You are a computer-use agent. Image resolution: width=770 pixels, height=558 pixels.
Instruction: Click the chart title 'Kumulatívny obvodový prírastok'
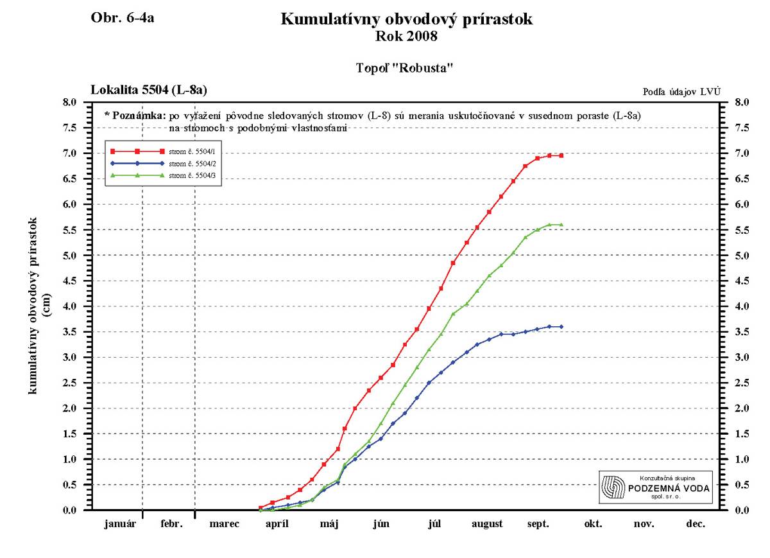[406, 20]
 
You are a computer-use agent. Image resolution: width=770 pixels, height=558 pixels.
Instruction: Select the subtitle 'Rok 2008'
[406, 37]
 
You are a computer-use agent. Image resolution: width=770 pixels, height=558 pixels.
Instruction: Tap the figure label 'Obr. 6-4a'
[123, 18]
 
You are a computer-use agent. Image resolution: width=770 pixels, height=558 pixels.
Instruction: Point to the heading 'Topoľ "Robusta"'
[406, 67]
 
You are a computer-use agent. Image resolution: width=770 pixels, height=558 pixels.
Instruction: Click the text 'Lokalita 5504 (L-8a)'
[149, 89]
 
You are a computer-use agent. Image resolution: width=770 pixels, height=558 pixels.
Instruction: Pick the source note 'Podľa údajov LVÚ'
[681, 92]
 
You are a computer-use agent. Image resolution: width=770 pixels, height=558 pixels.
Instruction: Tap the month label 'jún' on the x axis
[381, 524]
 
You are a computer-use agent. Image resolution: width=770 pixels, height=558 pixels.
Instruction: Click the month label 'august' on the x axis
[487, 524]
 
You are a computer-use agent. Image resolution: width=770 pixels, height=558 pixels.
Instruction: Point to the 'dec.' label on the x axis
[696, 524]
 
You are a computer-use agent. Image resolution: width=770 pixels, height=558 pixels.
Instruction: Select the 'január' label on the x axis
[121, 524]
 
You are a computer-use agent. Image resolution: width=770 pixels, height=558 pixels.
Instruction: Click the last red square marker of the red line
[561, 155]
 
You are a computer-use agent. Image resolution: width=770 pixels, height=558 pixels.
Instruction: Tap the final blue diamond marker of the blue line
[561, 327]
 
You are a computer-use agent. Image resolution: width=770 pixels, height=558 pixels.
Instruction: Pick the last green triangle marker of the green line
[561, 225]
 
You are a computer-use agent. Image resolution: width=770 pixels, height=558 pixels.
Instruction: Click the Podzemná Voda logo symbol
[613, 489]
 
